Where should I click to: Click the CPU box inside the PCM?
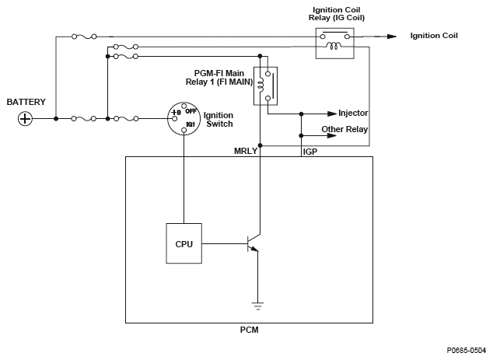(183, 243)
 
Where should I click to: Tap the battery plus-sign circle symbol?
(26, 118)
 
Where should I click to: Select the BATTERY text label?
(26, 102)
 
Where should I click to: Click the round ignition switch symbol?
(184, 118)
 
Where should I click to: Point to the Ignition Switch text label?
(219, 119)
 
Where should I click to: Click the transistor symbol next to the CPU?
(252, 244)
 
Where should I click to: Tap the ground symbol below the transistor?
(260, 304)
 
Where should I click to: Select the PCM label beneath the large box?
(249, 330)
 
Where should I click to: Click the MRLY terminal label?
(245, 150)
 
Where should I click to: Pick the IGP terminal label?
(309, 150)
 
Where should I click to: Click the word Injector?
(353, 114)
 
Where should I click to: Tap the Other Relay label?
(344, 129)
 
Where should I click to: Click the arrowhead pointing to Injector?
(332, 114)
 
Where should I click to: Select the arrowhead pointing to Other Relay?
(332, 135)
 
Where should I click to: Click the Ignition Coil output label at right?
(434, 36)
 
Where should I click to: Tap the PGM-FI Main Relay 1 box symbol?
(266, 86)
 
